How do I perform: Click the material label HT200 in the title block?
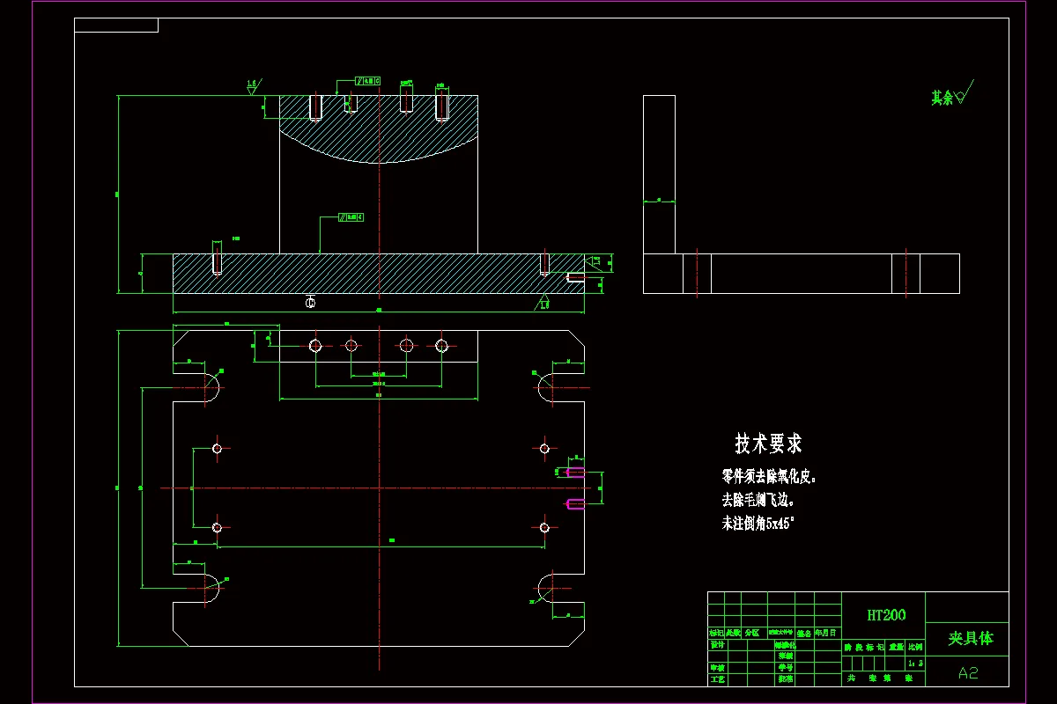(x=885, y=615)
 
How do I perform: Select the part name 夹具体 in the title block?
(x=970, y=638)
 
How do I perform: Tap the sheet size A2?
(x=968, y=673)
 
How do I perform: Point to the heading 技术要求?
(x=768, y=444)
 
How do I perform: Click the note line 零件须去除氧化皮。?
(x=769, y=477)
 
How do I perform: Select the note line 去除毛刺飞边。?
(x=758, y=500)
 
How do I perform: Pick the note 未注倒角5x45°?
(x=758, y=523)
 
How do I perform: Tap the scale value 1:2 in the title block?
(x=916, y=663)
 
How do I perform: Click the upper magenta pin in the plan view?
(x=575, y=473)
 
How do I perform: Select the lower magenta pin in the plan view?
(x=575, y=503)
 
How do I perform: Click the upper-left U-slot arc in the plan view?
(x=211, y=386)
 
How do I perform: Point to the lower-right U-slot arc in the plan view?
(x=546, y=587)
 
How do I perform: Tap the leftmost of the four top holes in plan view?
(x=315, y=346)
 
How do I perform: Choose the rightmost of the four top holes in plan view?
(x=442, y=346)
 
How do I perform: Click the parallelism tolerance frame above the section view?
(x=367, y=81)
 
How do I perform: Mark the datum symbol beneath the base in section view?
(x=310, y=303)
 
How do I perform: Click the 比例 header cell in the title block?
(x=916, y=647)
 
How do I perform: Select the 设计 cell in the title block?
(x=717, y=644)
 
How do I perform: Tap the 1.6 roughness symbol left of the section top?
(x=252, y=86)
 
